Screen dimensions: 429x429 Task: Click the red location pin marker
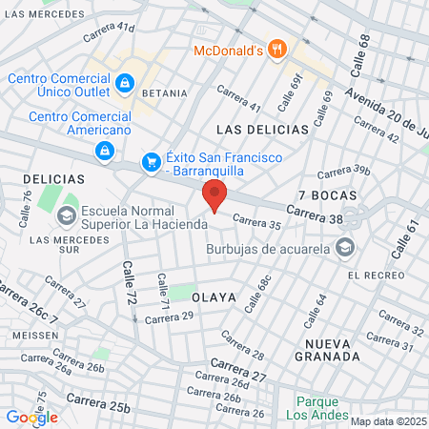coord(214,195)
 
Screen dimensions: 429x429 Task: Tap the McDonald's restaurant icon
coord(276,49)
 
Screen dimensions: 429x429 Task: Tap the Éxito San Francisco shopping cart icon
coord(151,163)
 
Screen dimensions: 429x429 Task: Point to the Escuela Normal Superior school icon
coord(67,216)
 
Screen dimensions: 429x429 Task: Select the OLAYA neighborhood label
coord(214,297)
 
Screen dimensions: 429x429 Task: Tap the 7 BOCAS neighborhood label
coord(327,194)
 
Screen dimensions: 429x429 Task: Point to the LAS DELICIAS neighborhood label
coord(262,129)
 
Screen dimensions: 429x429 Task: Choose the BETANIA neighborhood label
coord(163,95)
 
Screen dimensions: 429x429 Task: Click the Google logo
coord(31,417)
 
